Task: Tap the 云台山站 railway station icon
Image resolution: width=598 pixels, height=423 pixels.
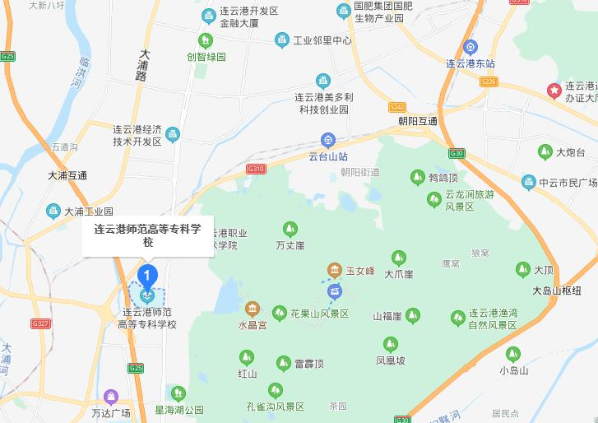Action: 327,140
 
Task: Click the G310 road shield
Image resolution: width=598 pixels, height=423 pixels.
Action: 257,169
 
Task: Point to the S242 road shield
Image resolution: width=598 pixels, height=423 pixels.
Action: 397,107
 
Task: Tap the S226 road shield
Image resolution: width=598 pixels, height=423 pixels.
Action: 489,81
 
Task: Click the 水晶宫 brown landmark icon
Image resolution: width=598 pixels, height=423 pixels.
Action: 253,309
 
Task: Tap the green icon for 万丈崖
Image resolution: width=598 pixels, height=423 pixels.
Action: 290,229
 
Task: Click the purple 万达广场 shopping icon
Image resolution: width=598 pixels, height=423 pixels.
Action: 111,397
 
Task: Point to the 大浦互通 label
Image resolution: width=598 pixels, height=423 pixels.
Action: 67,175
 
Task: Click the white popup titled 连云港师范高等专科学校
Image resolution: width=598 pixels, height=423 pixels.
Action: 147,235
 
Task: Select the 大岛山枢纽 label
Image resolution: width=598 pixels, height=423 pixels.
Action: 556,291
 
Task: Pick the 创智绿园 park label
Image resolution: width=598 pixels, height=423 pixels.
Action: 206,57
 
